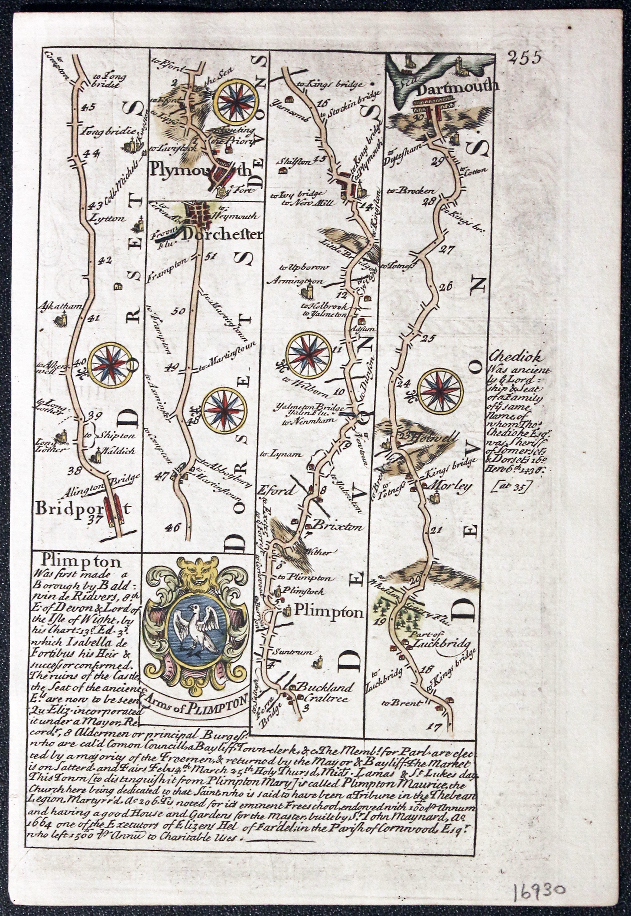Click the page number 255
click(525, 58)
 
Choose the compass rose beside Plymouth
click(237, 102)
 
